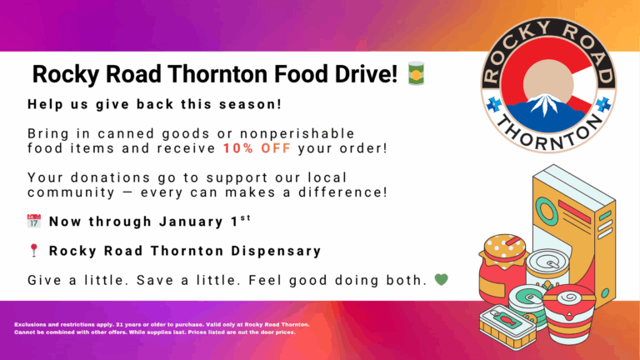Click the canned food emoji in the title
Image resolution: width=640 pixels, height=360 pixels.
[416, 74]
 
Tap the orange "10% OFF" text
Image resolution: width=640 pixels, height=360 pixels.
[257, 149]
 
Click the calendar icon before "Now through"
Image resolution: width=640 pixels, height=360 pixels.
[34, 222]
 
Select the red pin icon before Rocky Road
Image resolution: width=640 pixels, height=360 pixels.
[34, 251]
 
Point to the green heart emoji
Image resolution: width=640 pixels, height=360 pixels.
[441, 280]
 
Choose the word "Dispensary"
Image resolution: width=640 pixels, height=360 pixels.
[275, 251]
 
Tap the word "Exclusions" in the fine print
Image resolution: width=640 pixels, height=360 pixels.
[34, 324]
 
